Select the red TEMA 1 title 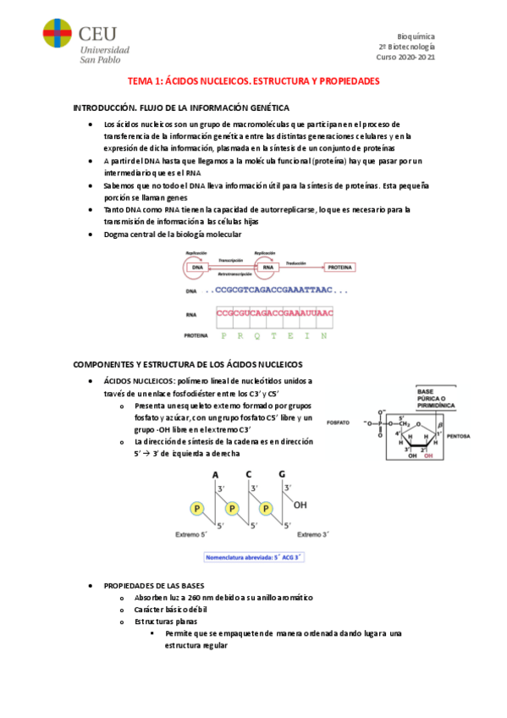[x=253, y=81]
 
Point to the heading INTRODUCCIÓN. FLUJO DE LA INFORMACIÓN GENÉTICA [x=182, y=108]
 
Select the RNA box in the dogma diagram [x=268, y=268]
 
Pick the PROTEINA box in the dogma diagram [x=339, y=268]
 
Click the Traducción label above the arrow [x=296, y=262]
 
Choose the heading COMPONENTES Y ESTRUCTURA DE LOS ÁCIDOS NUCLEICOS [x=194, y=363]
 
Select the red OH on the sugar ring [x=427, y=455]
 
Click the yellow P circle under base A [x=197, y=510]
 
